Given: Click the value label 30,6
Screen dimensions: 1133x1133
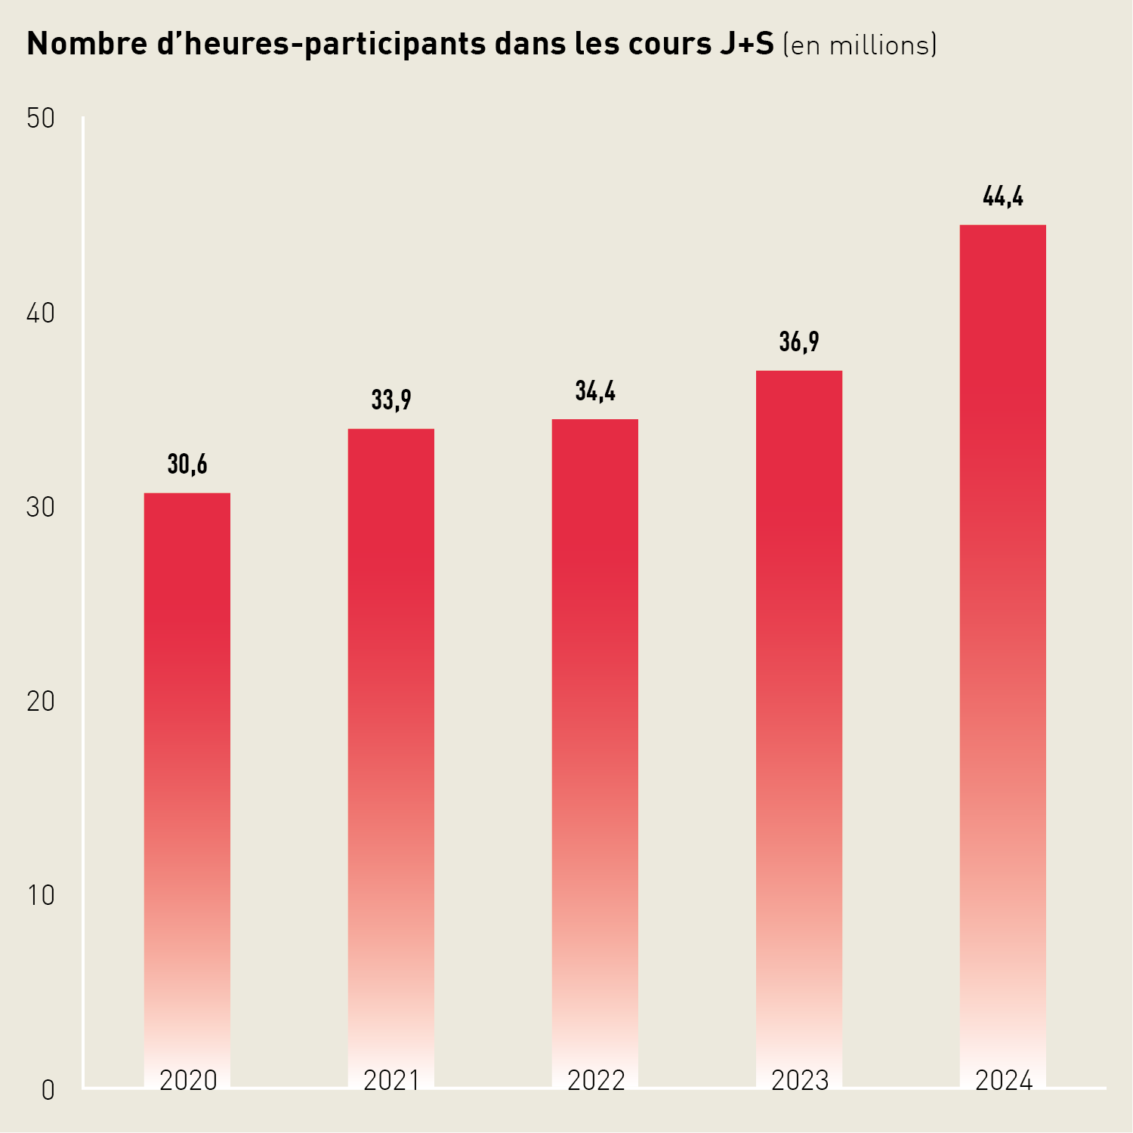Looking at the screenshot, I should point(187,465).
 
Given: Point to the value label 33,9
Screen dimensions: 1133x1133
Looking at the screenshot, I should point(391,400).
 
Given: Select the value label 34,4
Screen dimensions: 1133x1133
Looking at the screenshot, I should point(595,391).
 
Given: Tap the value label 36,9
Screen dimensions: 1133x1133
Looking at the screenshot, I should point(799,342).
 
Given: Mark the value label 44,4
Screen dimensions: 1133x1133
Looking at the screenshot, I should point(1003,197).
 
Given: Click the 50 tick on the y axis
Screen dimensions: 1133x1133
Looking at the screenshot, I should point(41,119).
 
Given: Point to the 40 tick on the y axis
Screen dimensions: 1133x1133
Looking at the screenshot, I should point(41,313).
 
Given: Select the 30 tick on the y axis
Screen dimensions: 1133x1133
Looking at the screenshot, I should point(41,508).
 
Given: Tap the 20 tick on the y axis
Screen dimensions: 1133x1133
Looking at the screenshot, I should point(41,702).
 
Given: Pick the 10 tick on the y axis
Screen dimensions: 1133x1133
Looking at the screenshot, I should point(41,896).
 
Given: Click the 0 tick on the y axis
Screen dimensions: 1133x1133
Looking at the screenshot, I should point(48,1090).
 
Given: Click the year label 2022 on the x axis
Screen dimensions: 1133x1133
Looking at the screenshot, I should point(596,1081).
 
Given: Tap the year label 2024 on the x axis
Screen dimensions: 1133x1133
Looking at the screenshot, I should point(1004,1081).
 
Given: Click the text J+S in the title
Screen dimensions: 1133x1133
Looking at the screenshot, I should point(743,45).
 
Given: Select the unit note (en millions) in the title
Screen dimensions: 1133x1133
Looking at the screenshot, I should point(860,45).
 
